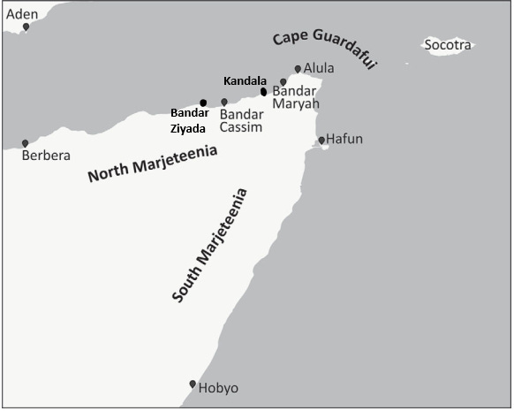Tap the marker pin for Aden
click(x=26, y=27)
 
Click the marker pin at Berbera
click(x=25, y=142)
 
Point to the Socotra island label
click(x=448, y=45)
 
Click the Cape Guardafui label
click(x=323, y=51)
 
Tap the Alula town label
click(x=319, y=67)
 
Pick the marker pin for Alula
click(x=298, y=69)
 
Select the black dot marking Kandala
click(x=263, y=91)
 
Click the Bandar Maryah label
click(x=295, y=97)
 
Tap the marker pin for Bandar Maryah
click(x=283, y=82)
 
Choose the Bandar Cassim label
click(x=241, y=120)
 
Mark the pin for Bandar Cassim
click(x=224, y=103)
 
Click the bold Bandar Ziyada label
click(x=189, y=119)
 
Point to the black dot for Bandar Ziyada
click(x=203, y=103)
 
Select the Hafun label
click(x=344, y=140)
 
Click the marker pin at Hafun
click(x=321, y=140)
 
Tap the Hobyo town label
click(x=218, y=388)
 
